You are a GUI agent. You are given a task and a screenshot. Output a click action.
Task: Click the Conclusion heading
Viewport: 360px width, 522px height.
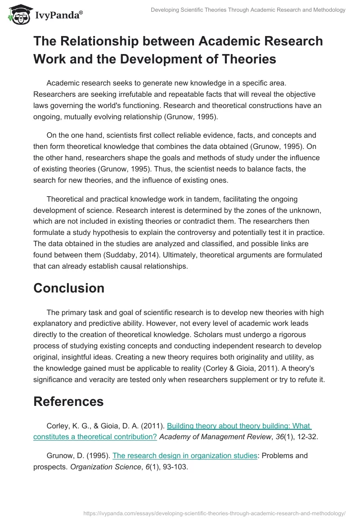(69, 288)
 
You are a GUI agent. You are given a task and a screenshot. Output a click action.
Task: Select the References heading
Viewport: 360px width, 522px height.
(68, 401)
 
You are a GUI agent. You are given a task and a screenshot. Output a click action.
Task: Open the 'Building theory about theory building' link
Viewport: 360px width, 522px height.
(239, 426)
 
